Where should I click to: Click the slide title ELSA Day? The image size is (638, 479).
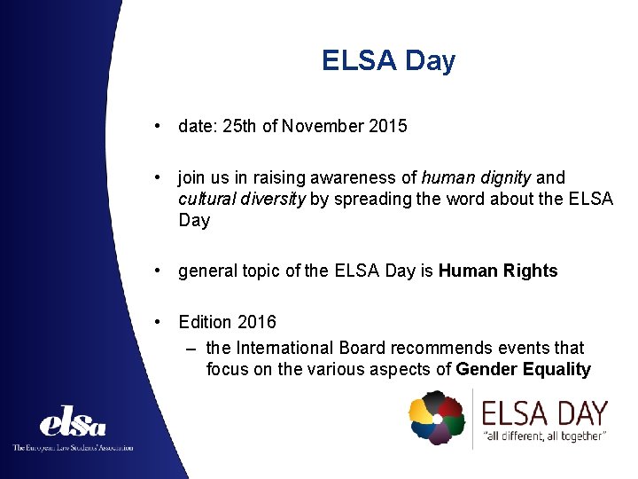click(x=388, y=61)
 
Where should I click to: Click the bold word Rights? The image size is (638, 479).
click(x=529, y=271)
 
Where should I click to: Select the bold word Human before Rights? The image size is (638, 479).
click(x=467, y=271)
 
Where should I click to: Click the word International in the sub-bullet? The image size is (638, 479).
click(x=295, y=348)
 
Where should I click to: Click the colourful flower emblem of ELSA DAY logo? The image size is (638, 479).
click(x=437, y=418)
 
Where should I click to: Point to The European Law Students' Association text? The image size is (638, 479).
click(x=73, y=448)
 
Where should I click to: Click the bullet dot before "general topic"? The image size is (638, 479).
click(x=156, y=271)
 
